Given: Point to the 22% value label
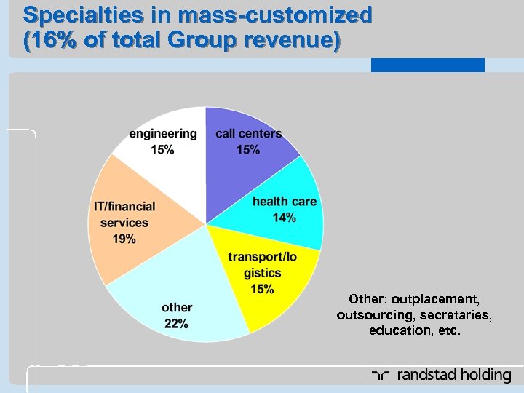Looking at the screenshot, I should [x=177, y=324].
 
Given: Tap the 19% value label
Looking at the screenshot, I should [x=123, y=239].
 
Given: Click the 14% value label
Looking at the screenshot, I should [x=285, y=217].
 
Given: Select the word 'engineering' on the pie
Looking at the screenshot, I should [x=162, y=133].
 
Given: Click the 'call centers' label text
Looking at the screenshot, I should [x=248, y=133].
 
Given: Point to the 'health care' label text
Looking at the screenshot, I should [x=285, y=201].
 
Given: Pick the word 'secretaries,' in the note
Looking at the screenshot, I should [x=455, y=315].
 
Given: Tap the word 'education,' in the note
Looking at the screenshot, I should [x=400, y=331].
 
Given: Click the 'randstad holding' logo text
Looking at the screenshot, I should [x=453, y=376].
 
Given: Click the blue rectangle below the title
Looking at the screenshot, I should [x=427, y=65].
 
